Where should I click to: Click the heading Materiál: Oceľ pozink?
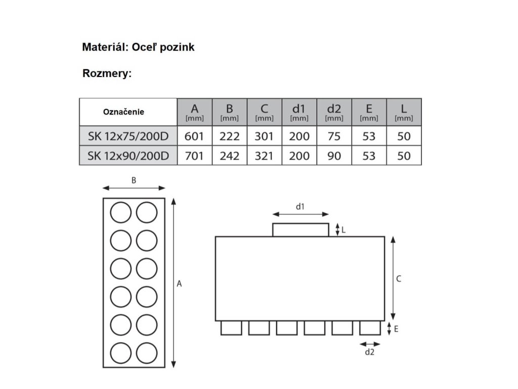(138, 47)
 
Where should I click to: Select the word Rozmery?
(107, 73)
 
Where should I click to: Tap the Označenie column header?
(123, 111)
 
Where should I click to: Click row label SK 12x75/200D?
(128, 136)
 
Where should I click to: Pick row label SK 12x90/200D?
(128, 155)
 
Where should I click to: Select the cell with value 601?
(194, 136)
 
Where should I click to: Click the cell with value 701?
(194, 155)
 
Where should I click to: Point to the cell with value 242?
(229, 155)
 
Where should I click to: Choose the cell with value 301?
(264, 136)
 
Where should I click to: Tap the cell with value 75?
(334, 136)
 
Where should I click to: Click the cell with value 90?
(334, 155)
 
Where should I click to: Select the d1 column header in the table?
(299, 111)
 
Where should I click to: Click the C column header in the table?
(264, 111)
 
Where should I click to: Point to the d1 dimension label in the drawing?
(300, 206)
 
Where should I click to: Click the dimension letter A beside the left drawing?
(179, 284)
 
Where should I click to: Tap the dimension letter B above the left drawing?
(134, 180)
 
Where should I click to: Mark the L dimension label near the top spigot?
(343, 229)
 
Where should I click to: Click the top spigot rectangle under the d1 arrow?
(300, 230)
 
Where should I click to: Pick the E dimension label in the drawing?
(396, 329)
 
